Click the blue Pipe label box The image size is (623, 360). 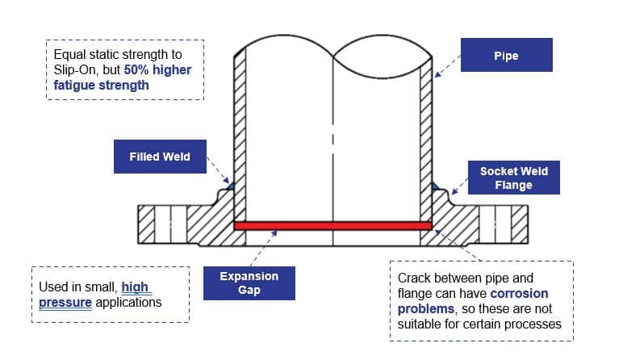click(506, 57)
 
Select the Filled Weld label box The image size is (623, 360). click(160, 156)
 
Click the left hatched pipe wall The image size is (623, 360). click(239, 137)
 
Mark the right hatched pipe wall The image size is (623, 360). click(425, 137)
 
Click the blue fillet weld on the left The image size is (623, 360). click(230, 186)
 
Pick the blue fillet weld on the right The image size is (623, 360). click(435, 186)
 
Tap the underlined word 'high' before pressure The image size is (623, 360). click(136, 287)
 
